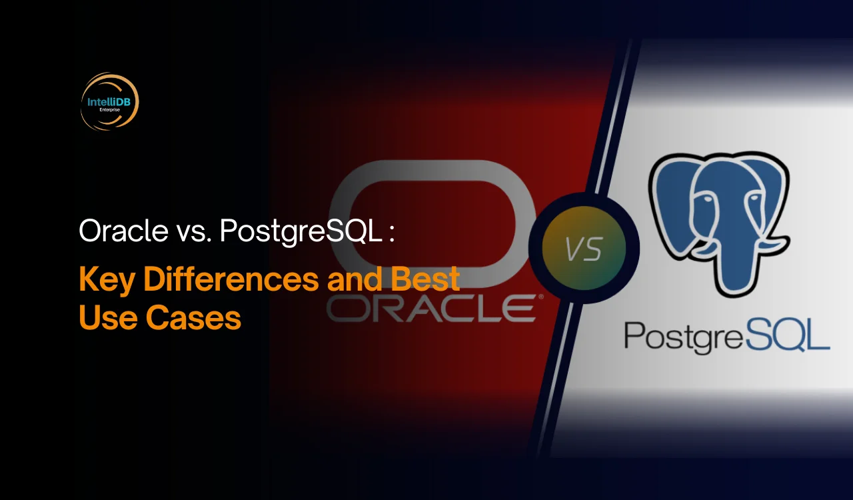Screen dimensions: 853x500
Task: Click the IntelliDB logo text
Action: pyautogui.click(x=109, y=102)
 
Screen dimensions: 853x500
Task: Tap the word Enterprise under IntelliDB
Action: pyautogui.click(x=110, y=110)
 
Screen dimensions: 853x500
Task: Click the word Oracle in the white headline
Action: pyautogui.click(x=123, y=231)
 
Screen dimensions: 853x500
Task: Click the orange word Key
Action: pyautogui.click(x=107, y=280)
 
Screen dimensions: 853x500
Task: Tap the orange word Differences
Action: pyautogui.click(x=231, y=279)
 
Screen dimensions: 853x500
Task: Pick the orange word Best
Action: pyautogui.click(x=425, y=279)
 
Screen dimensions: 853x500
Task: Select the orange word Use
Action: pyautogui.click(x=108, y=317)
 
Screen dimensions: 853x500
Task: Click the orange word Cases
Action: pyautogui.click(x=193, y=317)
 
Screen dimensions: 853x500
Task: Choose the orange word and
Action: pyautogui.click(x=355, y=279)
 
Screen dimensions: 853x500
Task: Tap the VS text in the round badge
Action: pyautogui.click(x=584, y=249)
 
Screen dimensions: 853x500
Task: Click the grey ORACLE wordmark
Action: pyautogui.click(x=432, y=308)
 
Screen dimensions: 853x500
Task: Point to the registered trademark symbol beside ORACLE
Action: pyautogui.click(x=540, y=297)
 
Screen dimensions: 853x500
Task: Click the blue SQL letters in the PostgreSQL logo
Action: pyautogui.click(x=787, y=335)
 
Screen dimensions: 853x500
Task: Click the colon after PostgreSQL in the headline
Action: pyautogui.click(x=391, y=234)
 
